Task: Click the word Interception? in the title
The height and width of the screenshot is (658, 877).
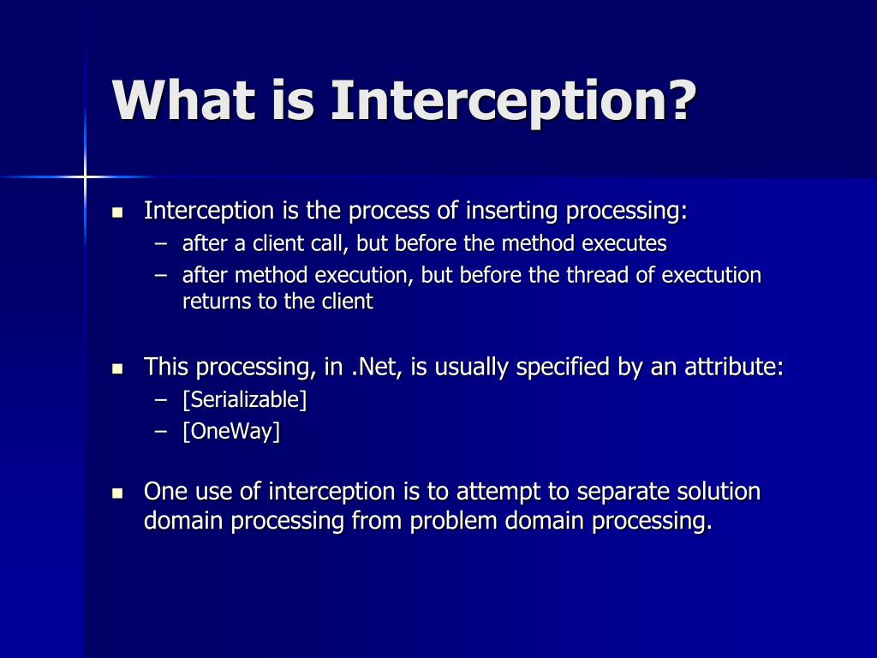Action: point(514,102)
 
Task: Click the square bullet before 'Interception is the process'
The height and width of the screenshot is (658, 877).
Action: point(117,212)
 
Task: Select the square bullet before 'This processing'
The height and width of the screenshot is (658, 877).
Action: point(117,368)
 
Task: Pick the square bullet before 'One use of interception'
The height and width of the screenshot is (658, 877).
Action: point(117,493)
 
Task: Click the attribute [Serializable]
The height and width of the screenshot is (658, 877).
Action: point(244,400)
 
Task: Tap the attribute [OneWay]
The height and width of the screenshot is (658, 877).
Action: point(231,432)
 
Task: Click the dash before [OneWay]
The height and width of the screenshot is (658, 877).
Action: point(161,432)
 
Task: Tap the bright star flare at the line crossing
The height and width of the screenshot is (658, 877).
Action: point(85,177)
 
